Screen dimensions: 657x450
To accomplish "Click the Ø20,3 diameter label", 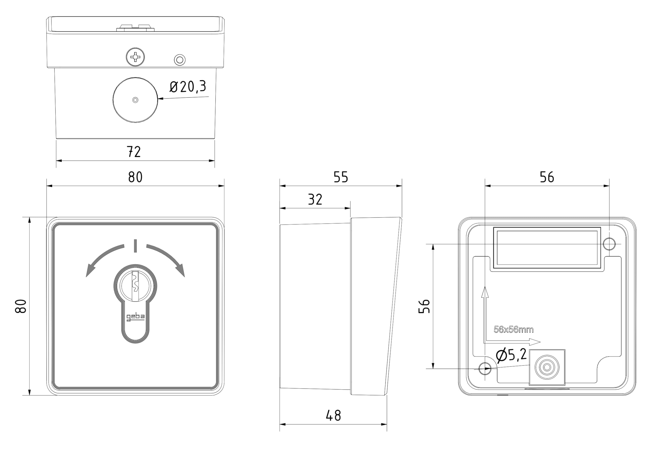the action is [188, 86].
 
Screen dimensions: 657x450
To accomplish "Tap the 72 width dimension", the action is [134, 151].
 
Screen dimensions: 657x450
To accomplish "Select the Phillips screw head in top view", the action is [136, 57].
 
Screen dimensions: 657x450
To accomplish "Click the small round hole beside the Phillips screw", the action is [179, 60].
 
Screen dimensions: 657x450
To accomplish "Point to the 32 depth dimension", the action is [315, 199].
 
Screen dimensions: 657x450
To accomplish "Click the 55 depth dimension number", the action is [341, 177].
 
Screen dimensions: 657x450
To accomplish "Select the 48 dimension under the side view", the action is [334, 416].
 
